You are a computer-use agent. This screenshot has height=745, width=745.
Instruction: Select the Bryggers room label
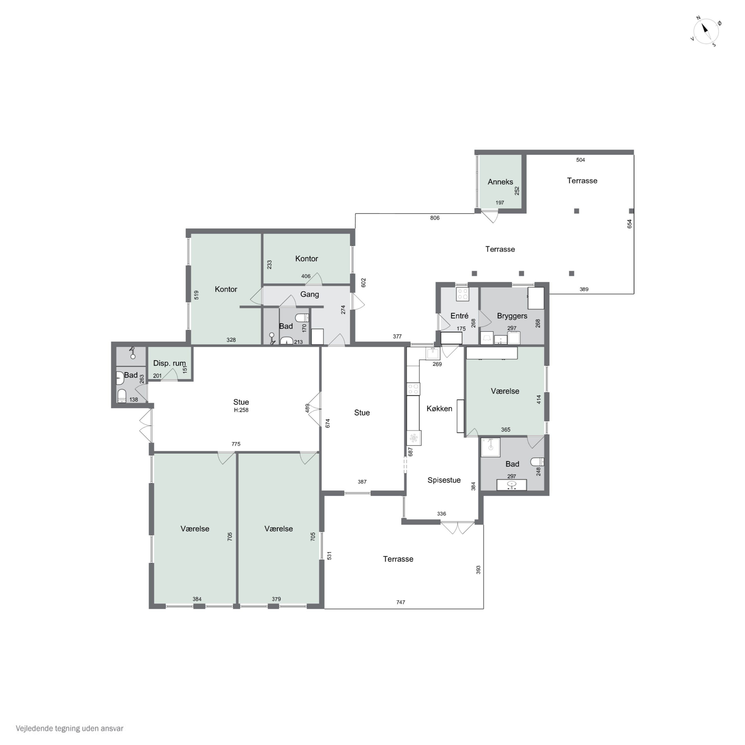512,316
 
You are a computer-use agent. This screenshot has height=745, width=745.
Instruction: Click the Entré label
459,316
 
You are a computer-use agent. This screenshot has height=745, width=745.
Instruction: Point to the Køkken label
439,408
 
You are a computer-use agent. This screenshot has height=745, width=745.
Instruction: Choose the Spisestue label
444,480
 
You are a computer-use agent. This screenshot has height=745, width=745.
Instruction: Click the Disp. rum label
169,363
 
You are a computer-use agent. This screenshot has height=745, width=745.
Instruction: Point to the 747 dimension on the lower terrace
401,602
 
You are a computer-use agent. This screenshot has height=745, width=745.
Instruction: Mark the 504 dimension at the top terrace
580,160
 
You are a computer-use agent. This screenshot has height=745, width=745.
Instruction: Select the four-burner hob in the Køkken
413,389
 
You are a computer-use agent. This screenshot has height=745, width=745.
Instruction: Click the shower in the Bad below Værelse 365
490,447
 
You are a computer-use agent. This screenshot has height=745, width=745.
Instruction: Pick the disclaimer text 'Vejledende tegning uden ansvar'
70,728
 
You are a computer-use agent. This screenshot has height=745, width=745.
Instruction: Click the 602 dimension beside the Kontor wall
363,283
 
